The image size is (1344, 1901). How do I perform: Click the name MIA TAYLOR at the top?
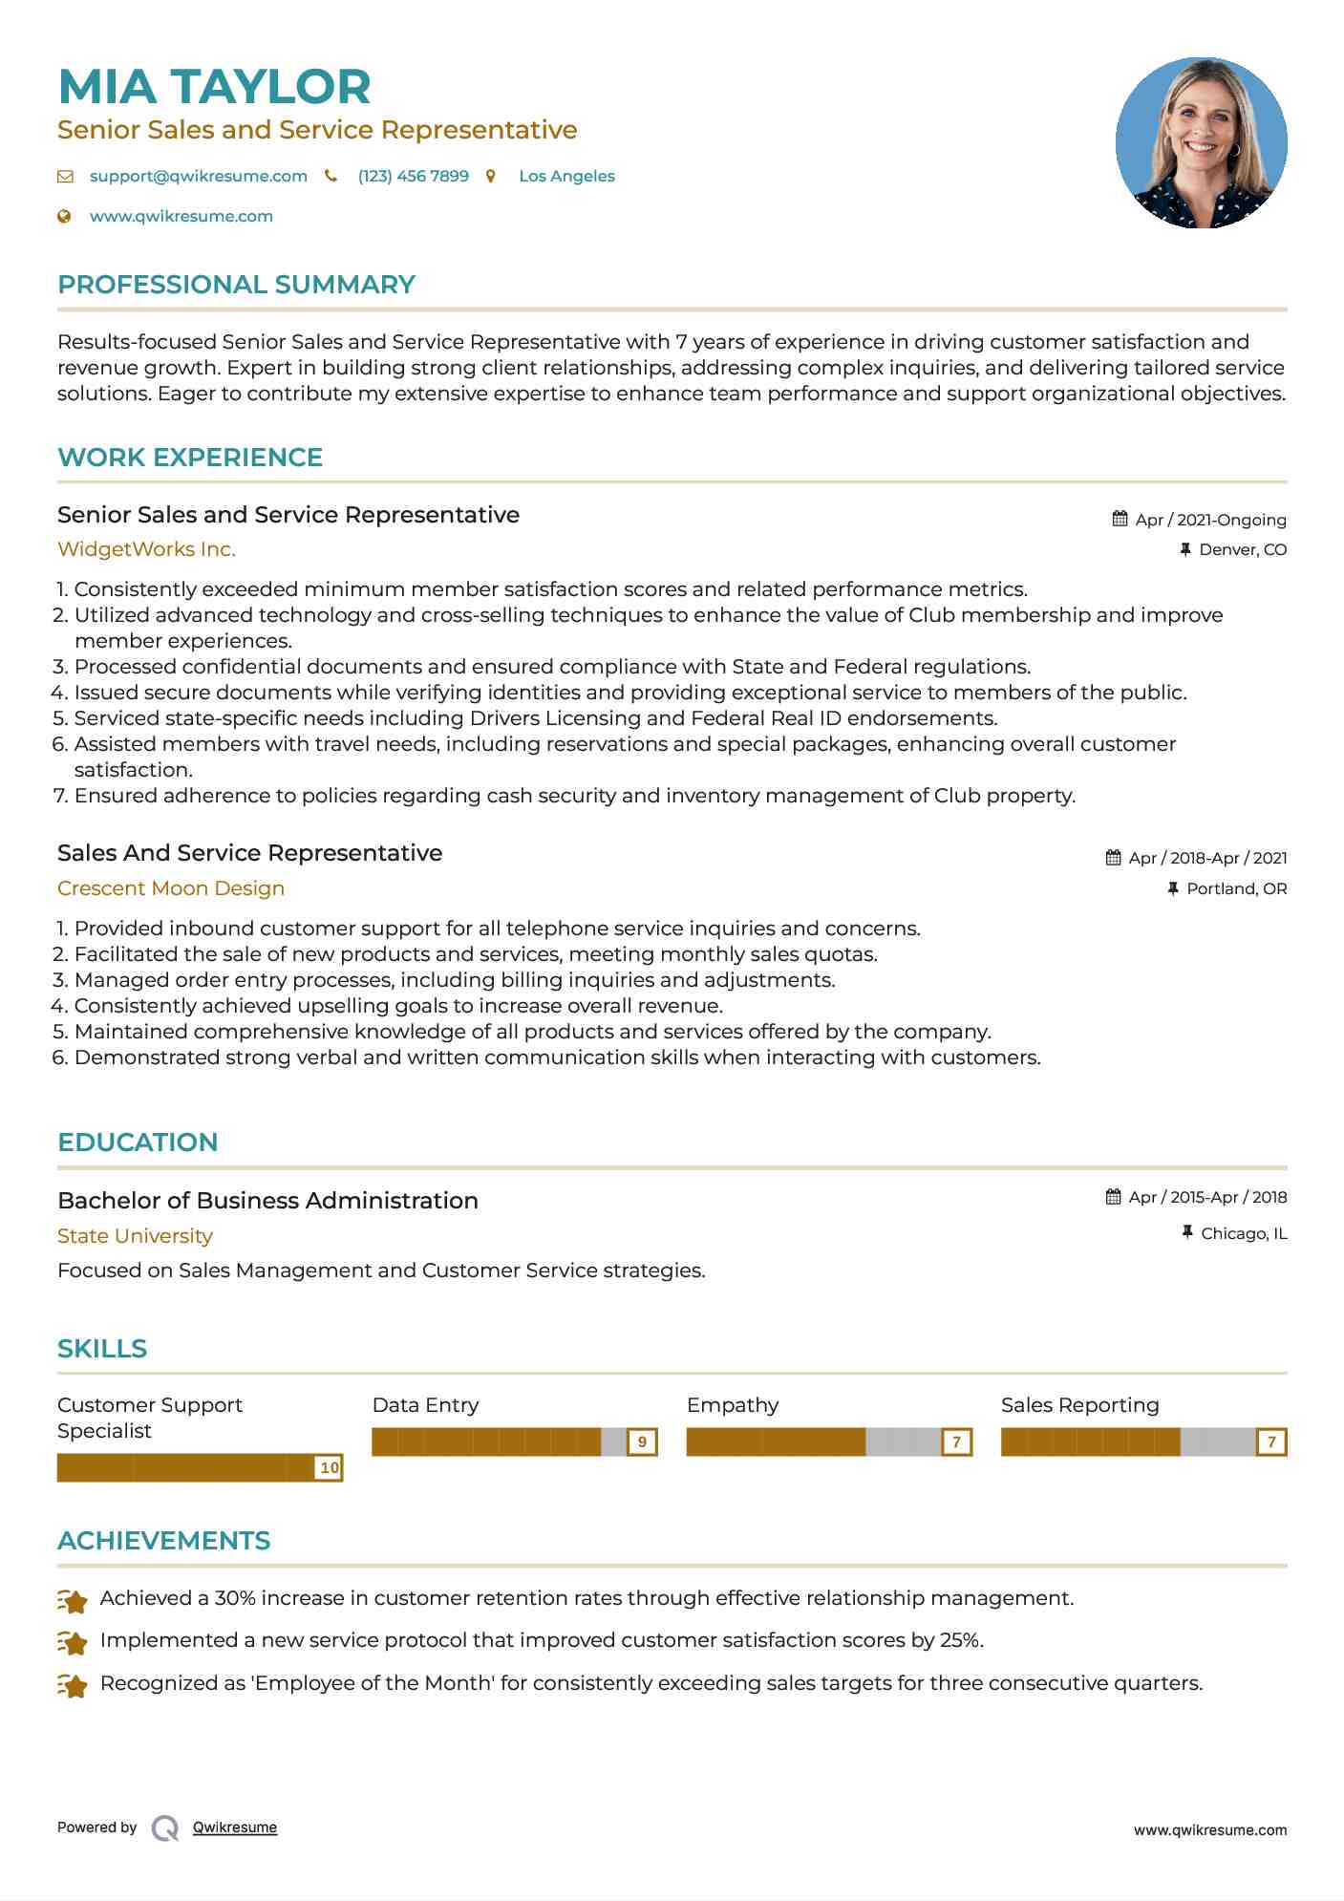(214, 87)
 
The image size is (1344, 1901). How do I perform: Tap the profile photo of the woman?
(1201, 143)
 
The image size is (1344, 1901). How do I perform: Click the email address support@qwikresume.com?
(198, 176)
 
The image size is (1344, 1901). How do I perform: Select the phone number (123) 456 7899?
(413, 176)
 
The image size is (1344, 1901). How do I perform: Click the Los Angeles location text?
(566, 176)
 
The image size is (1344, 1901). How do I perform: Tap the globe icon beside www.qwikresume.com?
(65, 216)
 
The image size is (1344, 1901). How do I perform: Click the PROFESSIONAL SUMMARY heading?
(236, 285)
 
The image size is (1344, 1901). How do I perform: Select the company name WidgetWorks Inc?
(146, 549)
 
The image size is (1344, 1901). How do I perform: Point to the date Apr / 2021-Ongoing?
(1210, 520)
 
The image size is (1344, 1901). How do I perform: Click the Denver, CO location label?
(1242, 549)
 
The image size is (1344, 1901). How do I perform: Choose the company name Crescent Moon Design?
(171, 888)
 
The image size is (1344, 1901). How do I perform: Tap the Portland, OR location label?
(1236, 888)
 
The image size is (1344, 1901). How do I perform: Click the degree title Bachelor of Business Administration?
(267, 1201)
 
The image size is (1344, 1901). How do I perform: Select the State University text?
(135, 1236)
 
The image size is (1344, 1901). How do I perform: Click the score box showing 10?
(330, 1467)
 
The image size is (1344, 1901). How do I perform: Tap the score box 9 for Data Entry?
(643, 1442)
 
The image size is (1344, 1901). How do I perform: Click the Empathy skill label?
(733, 1405)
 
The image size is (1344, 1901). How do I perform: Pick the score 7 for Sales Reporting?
(1271, 1442)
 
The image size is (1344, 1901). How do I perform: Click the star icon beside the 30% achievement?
(73, 1600)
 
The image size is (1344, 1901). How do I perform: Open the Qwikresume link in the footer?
(235, 1827)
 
